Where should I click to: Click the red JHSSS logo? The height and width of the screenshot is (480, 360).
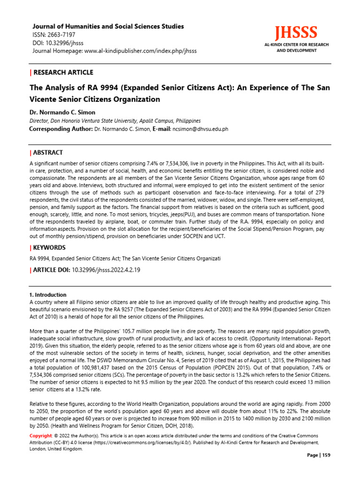pos(296,33)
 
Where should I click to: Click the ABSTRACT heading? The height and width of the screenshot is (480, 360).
pos(48,153)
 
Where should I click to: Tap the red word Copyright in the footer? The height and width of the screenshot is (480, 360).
pos(40,436)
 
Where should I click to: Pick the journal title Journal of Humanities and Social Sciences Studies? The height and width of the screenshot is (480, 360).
pos(107,27)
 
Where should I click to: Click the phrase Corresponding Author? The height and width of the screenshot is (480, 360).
pos(61,129)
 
